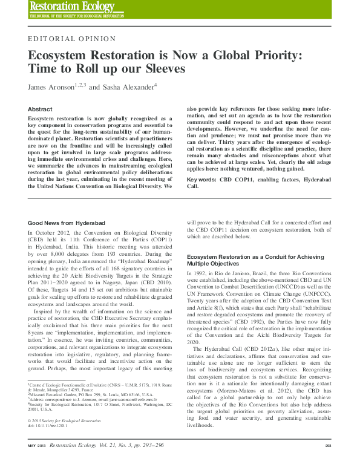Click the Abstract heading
point(40,109)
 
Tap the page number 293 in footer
point(328,463)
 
